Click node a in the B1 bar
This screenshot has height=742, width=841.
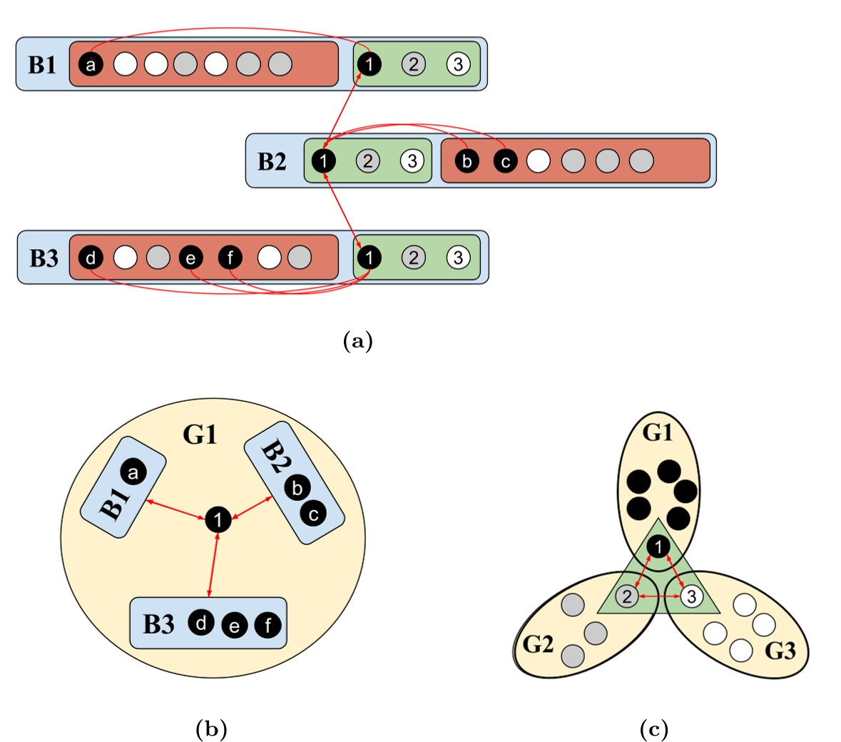[x=91, y=65]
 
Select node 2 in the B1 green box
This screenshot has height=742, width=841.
[x=413, y=64]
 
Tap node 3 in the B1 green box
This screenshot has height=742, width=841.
[x=458, y=64]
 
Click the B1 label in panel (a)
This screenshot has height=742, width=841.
[x=42, y=65]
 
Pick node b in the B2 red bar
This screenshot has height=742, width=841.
[x=467, y=161]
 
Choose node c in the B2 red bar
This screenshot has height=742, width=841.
[x=505, y=161]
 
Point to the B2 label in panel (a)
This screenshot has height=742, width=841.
[x=272, y=162]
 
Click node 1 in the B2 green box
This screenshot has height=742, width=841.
[x=323, y=161]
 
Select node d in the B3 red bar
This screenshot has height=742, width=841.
[x=91, y=258]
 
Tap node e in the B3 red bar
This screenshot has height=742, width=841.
[x=190, y=258]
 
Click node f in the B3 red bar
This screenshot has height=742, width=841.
[x=230, y=258]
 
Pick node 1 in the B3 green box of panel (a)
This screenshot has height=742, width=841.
[x=369, y=257]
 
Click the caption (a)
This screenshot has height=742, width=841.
[x=358, y=341]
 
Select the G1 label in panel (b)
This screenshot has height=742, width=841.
[x=200, y=434]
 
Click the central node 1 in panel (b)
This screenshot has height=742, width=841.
[x=218, y=519]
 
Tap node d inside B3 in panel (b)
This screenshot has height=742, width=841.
[x=201, y=623]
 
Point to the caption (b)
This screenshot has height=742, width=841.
[x=211, y=728]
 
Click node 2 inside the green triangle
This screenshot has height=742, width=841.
[x=627, y=596]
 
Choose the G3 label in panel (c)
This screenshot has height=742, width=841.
[x=780, y=651]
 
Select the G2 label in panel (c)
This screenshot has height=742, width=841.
[x=539, y=644]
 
